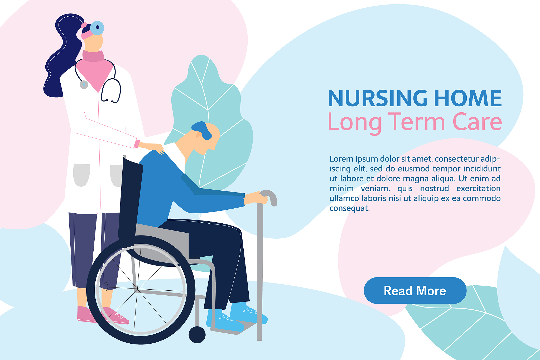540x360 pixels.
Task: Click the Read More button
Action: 415,290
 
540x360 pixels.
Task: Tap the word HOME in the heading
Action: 468,98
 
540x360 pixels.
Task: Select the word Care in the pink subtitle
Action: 477,122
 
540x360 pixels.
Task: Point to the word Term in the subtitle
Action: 417,122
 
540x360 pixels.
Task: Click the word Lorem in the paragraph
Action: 341,159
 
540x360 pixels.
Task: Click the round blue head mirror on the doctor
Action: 97,28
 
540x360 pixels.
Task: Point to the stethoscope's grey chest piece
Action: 84,85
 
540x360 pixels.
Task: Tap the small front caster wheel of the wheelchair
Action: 197,335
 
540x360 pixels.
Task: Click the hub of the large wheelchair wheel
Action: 137,290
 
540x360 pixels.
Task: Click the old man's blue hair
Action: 203,130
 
